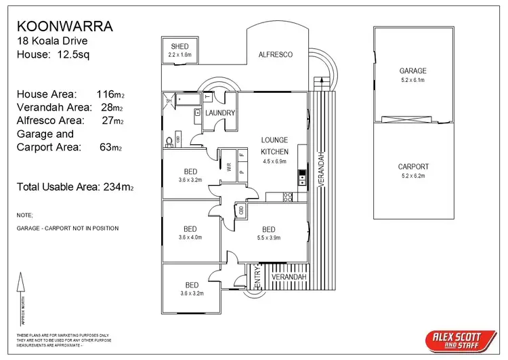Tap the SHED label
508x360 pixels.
(179, 45)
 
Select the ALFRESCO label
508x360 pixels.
(276, 54)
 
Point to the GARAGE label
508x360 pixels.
(412, 71)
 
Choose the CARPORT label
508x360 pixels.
(412, 166)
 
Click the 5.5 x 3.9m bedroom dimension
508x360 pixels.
(269, 237)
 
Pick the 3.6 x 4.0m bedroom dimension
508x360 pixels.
(190, 237)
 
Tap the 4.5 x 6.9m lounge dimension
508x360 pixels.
(275, 161)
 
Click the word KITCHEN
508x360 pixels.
(275, 151)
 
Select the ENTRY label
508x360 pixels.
(257, 279)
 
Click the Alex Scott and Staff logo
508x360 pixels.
(454, 339)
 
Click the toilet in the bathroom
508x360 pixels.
(169, 142)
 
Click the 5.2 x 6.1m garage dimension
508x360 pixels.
(412, 79)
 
